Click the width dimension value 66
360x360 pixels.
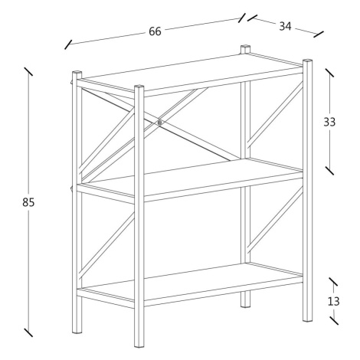coord(155,31)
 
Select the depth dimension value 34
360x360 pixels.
coord(285,26)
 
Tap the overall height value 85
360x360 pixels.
coord(28,202)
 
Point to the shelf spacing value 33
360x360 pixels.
coord(329,122)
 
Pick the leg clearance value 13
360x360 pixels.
coord(333,302)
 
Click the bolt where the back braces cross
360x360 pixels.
coord(160,123)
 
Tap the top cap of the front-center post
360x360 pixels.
coord(139,87)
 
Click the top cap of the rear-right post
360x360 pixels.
coord(245,47)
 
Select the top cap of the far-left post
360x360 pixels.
coord(77,73)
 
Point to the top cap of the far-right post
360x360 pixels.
coord(308,61)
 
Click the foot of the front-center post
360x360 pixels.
coord(139,346)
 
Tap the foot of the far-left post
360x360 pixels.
coord(77,332)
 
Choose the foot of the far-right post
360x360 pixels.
coord(308,319)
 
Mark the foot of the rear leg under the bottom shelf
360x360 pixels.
coord(246,305)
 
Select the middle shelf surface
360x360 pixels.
coord(191,178)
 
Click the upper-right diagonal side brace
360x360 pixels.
coord(275,115)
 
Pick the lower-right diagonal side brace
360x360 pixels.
coord(275,219)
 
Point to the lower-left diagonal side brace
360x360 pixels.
coord(106,245)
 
